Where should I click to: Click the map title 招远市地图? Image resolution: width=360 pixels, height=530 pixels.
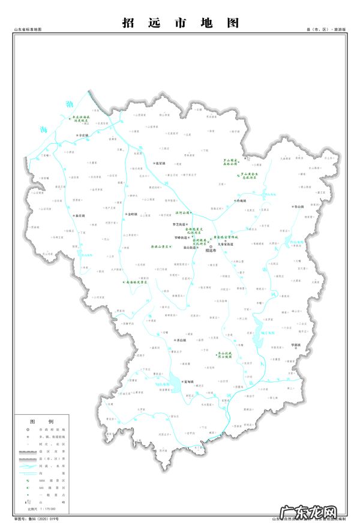click(180, 23)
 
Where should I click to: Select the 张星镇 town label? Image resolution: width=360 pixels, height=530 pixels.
click(159, 162)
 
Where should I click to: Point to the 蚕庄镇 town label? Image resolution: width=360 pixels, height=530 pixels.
click(79, 215)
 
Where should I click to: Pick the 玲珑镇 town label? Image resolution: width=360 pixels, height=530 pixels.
click(239, 201)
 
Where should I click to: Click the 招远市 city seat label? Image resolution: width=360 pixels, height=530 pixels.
click(211, 251)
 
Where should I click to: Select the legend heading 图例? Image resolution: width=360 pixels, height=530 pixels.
click(46, 421)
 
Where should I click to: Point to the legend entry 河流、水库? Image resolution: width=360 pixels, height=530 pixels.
click(55, 465)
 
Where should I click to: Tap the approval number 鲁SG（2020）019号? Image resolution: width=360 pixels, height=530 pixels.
click(39, 519)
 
